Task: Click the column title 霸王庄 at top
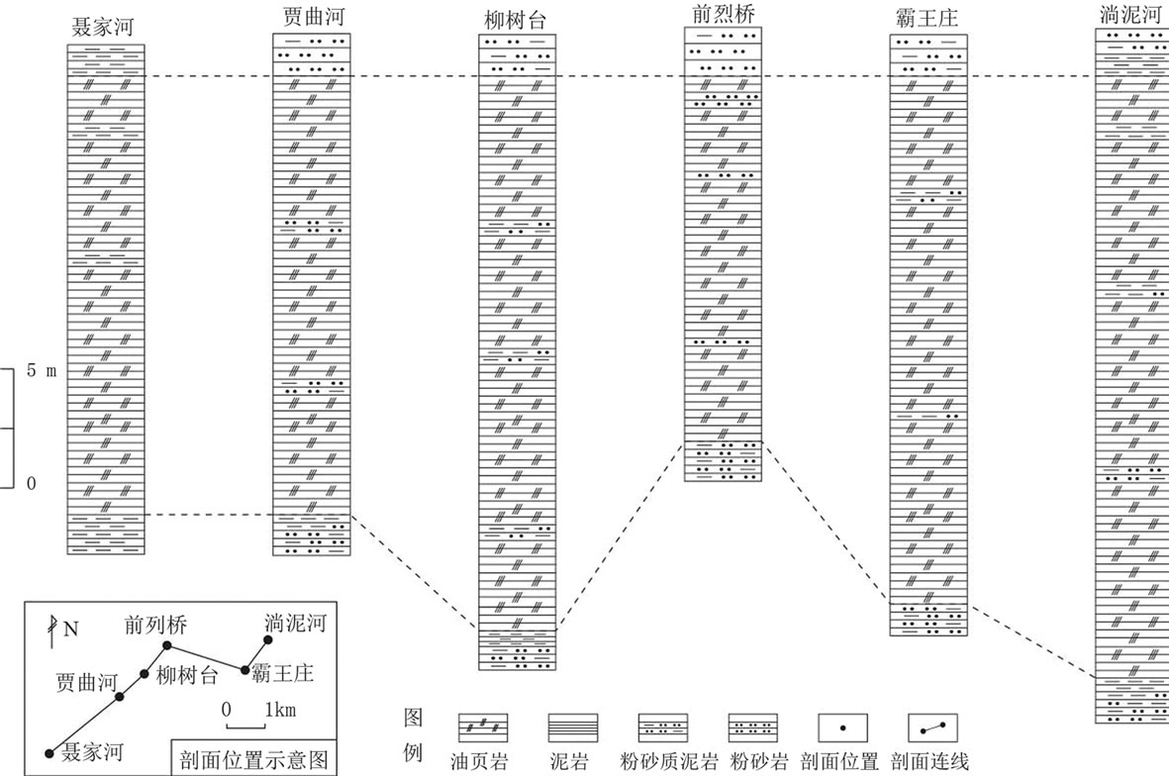click(925, 19)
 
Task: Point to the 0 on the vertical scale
click(31, 484)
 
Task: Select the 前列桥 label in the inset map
click(155, 626)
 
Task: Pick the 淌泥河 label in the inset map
click(294, 625)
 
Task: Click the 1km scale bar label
click(279, 710)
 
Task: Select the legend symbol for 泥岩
click(573, 727)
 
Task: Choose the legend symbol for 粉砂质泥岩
click(664, 727)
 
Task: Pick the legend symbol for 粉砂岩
click(754, 727)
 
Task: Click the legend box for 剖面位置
click(842, 727)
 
